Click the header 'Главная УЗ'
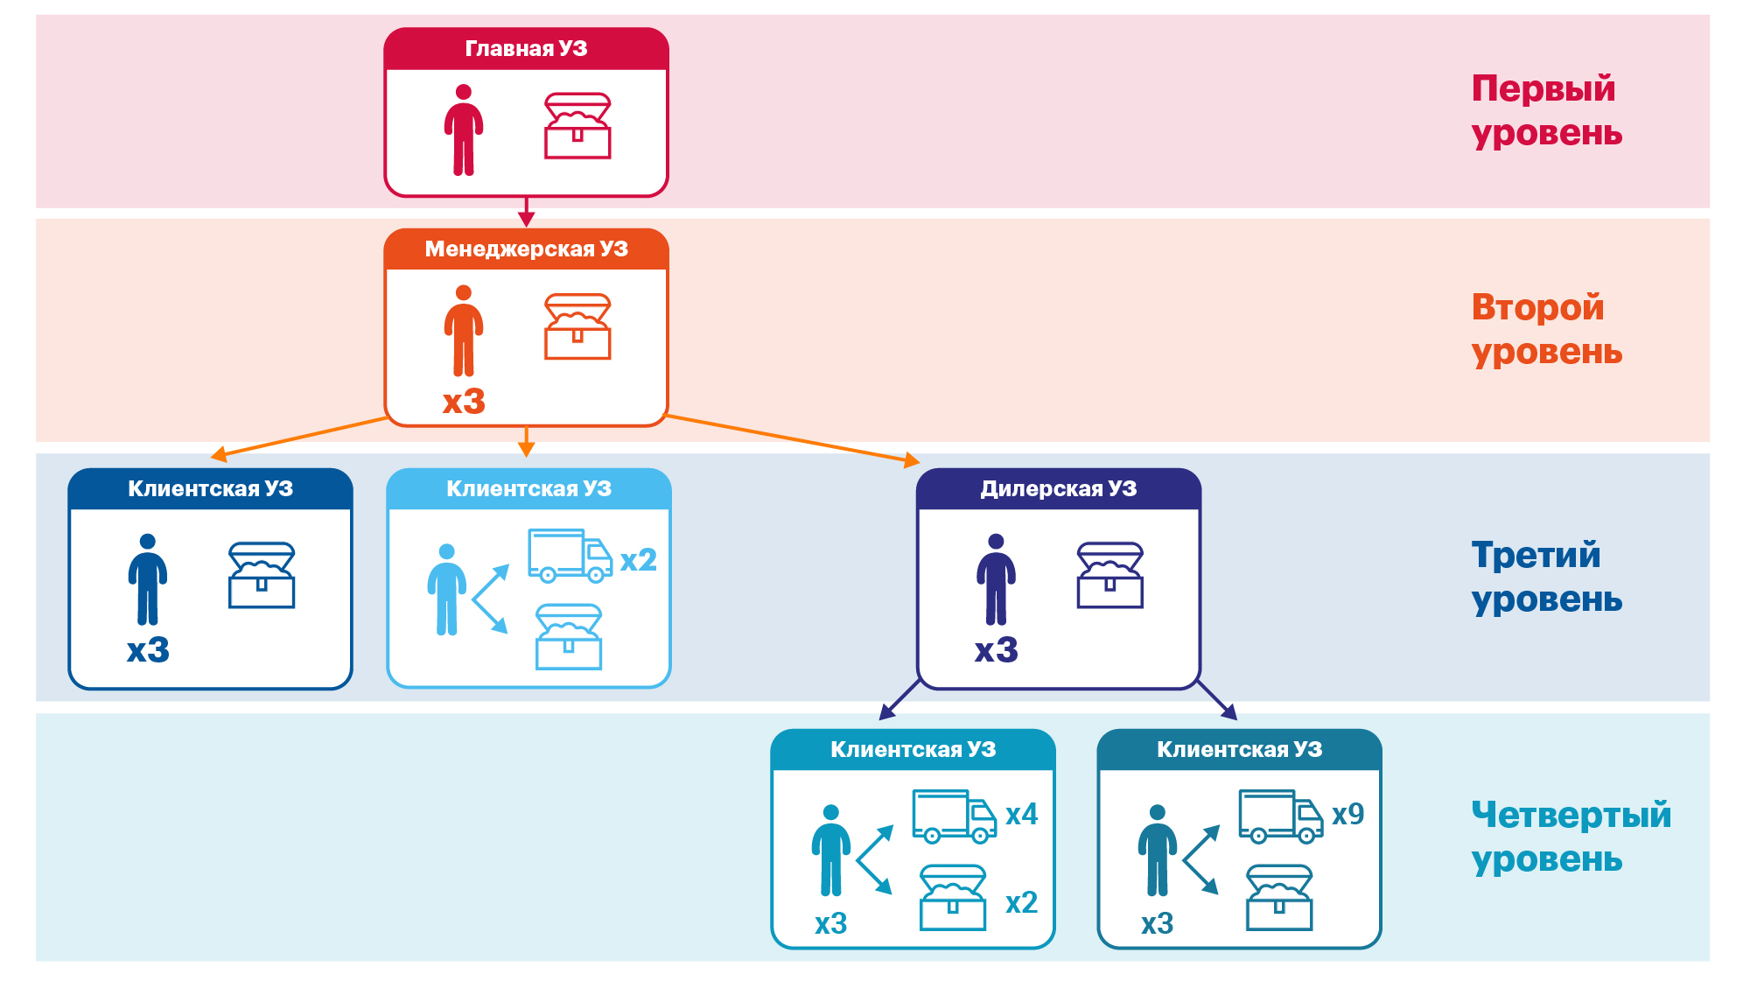click(526, 48)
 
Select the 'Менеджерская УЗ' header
click(526, 249)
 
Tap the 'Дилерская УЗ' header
click(1058, 488)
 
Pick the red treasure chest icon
click(577, 126)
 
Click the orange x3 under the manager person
click(464, 402)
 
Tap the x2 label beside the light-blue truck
click(638, 560)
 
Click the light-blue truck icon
click(570, 556)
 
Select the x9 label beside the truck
click(1347, 814)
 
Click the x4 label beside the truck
click(1021, 814)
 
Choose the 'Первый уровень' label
click(1546, 110)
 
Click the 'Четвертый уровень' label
click(1571, 837)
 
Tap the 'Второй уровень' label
click(1546, 329)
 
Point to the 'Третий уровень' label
click(1546, 577)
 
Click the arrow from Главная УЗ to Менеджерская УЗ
click(526, 212)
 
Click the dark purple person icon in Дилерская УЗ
click(996, 579)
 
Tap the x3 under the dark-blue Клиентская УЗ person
click(148, 650)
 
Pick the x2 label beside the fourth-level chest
click(1021, 902)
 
